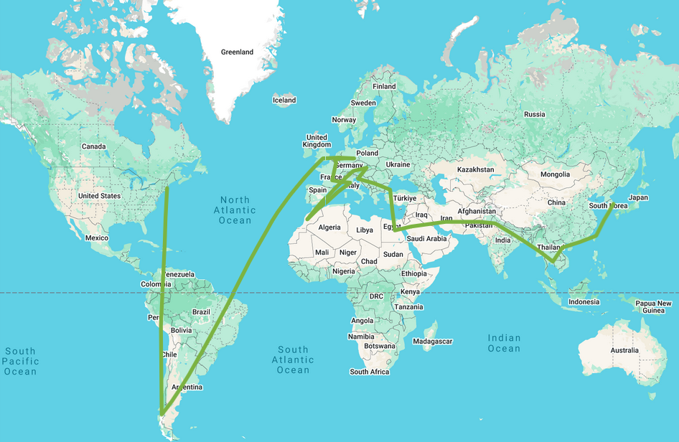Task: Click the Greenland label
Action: point(237,52)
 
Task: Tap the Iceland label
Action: point(284,100)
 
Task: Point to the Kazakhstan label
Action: point(476,169)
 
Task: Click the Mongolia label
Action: point(555,174)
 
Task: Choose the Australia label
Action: point(624,350)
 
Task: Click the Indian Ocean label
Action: point(504,343)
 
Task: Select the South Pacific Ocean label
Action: point(20,361)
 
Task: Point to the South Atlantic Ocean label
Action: point(293,359)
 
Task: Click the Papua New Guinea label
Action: point(653,307)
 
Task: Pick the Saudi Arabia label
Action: point(426,239)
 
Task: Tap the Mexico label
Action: point(95,238)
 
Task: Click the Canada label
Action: point(93,146)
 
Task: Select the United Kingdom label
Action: point(317,141)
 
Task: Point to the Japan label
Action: point(638,197)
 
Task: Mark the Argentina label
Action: point(187,387)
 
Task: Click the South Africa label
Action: point(370,372)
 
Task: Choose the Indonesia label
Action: point(584,301)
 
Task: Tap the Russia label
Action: point(535,114)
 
